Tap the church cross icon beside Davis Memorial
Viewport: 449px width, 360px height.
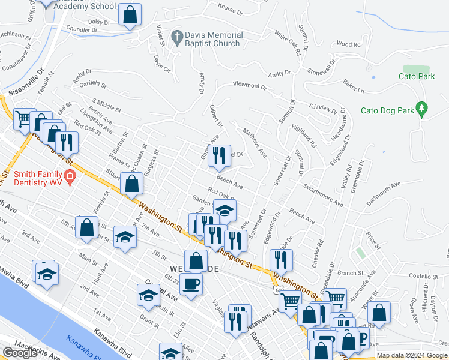click(176, 37)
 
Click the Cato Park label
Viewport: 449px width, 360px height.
click(417, 76)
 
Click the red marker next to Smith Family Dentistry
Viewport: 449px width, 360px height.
click(70, 176)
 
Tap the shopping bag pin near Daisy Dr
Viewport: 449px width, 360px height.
click(130, 14)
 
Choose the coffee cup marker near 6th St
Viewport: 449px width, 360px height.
click(191, 284)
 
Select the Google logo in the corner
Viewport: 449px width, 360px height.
click(20, 353)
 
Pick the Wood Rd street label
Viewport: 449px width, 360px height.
click(348, 44)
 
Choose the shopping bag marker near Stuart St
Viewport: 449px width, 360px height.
click(131, 183)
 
